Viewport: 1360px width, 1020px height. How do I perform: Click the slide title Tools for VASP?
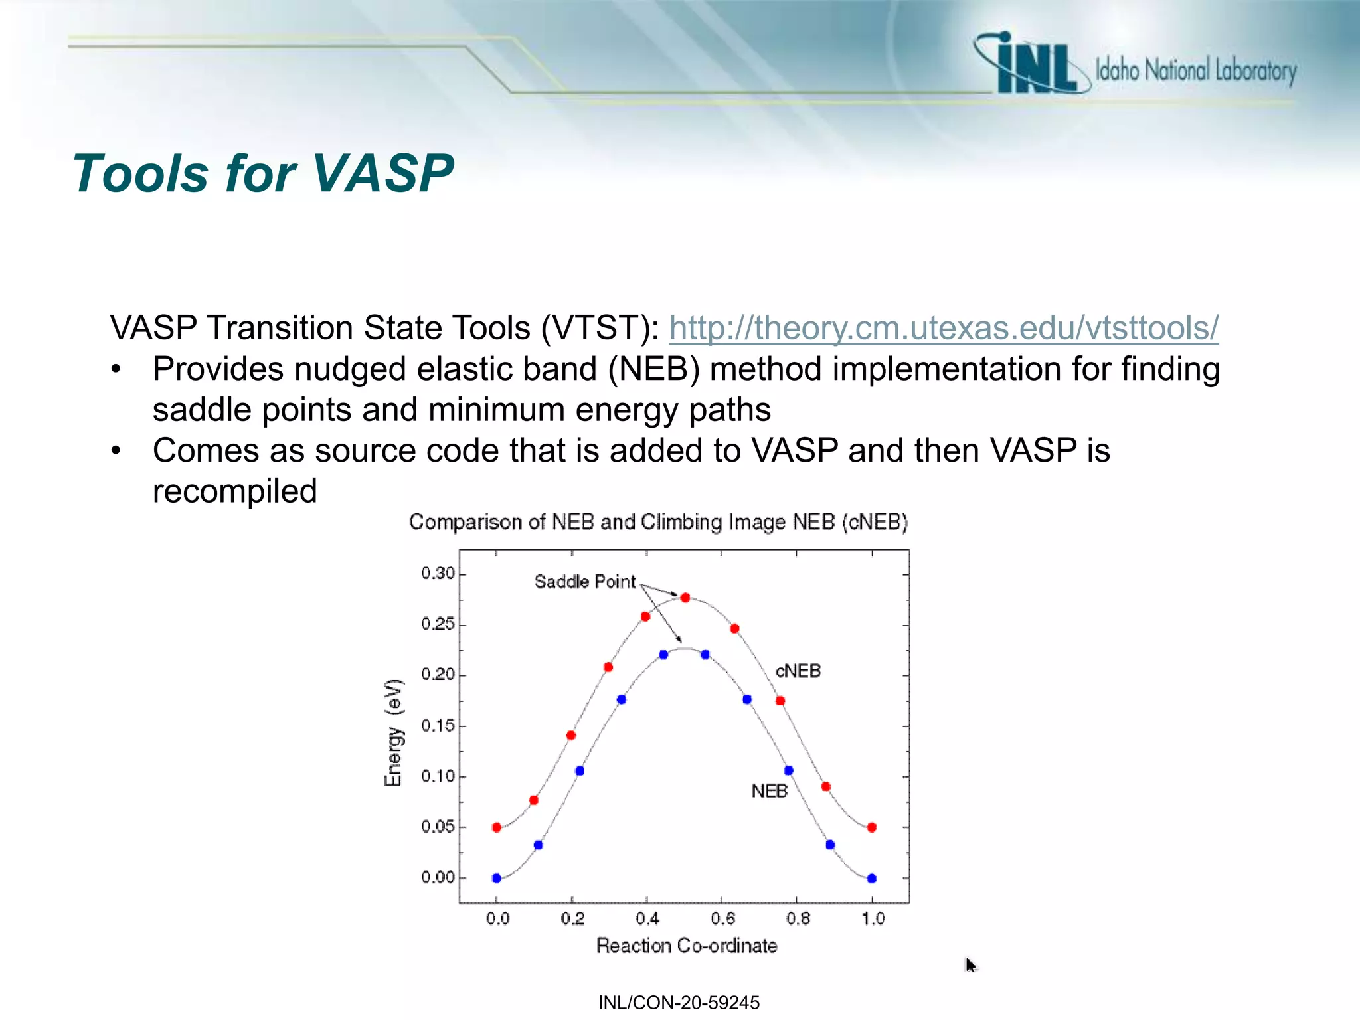coord(263,173)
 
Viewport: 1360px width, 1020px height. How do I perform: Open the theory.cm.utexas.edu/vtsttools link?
coord(943,327)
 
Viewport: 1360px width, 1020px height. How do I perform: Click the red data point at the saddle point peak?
coord(685,598)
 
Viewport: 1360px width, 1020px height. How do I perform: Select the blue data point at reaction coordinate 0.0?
coord(497,878)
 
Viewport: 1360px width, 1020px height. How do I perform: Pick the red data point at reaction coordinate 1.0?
coord(872,827)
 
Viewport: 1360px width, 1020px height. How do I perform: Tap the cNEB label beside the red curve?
coord(798,671)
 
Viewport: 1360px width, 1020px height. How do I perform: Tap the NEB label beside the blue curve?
coord(769,791)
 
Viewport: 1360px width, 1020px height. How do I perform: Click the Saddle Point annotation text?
coord(584,582)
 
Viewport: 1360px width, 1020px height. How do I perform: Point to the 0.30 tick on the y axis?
coord(438,573)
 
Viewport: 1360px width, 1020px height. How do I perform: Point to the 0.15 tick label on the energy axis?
coord(438,725)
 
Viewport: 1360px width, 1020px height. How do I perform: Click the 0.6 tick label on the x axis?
coord(722,919)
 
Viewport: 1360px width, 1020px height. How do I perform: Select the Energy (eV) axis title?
coord(393,732)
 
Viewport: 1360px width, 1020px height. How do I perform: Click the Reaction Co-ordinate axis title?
coord(686,946)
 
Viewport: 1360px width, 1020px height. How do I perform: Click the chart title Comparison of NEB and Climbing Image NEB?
coord(658,522)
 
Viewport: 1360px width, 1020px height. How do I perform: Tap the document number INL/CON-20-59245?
coord(679,1003)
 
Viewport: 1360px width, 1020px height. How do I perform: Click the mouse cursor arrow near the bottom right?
coord(970,964)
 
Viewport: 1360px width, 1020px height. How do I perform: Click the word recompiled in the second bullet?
coord(234,491)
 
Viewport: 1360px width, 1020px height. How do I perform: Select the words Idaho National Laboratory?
coord(1195,70)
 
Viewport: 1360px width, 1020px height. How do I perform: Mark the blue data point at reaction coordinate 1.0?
coord(872,878)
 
